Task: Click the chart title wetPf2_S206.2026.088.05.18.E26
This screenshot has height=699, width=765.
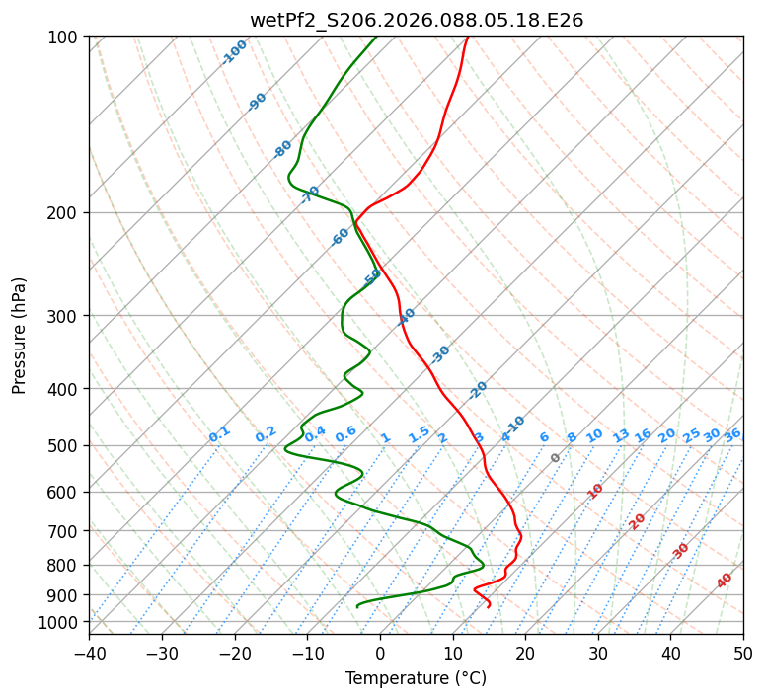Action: click(x=416, y=20)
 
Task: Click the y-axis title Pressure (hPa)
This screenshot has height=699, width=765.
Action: click(x=19, y=335)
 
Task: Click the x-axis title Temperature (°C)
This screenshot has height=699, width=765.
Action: click(x=416, y=678)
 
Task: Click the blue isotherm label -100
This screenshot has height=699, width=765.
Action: click(x=235, y=52)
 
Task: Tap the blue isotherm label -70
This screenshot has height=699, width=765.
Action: click(x=311, y=194)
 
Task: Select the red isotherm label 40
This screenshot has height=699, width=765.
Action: click(x=725, y=581)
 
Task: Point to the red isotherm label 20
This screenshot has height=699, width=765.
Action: click(x=638, y=520)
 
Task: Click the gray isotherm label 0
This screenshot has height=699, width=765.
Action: click(x=556, y=458)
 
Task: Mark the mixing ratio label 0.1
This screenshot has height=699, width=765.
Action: click(x=219, y=434)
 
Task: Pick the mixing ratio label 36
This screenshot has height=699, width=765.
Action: click(x=732, y=434)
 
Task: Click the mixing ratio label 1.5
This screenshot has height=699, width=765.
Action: click(x=419, y=434)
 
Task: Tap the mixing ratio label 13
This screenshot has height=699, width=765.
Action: click(x=621, y=435)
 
